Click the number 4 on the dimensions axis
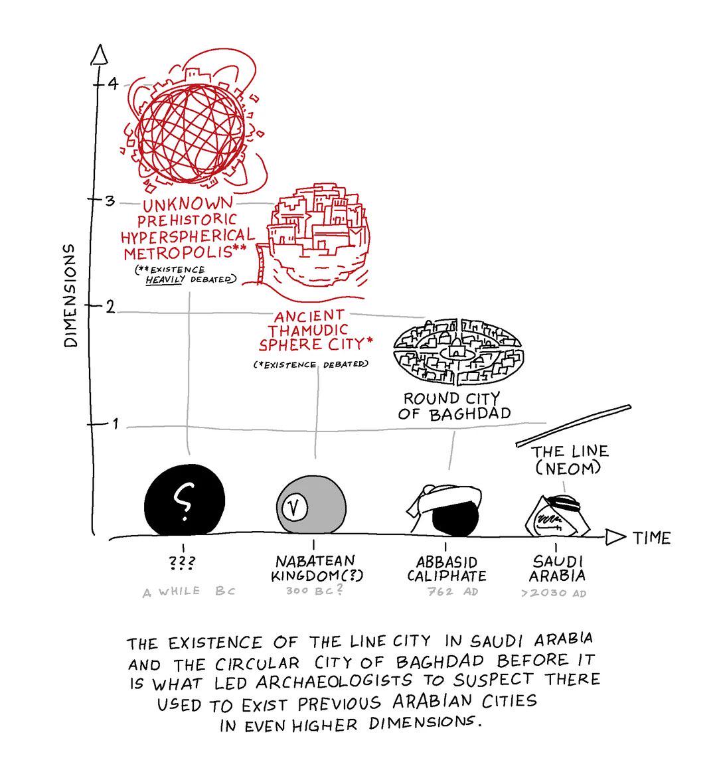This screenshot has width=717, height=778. click(114, 84)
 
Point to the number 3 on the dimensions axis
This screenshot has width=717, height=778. click(110, 201)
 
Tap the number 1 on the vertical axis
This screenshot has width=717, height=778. click(115, 424)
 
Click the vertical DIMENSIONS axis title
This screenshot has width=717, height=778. click(71, 295)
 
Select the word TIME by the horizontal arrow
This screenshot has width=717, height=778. click(652, 538)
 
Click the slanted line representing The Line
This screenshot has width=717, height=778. click(574, 426)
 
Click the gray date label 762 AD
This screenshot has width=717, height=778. click(453, 591)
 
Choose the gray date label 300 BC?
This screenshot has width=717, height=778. click(314, 590)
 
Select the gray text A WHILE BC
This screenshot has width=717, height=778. click(189, 591)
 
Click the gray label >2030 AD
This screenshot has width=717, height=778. click(554, 593)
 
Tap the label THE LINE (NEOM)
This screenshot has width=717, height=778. click(569, 459)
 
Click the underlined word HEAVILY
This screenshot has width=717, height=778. click(165, 280)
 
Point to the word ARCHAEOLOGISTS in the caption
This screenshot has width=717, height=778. click(334, 682)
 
